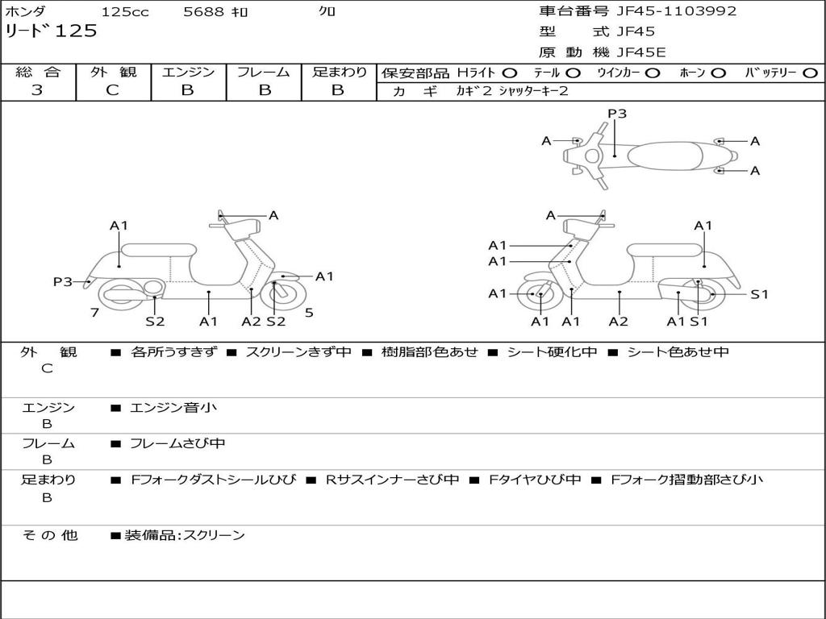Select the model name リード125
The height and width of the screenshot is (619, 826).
click(x=51, y=31)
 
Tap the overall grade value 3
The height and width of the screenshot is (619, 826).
click(x=37, y=90)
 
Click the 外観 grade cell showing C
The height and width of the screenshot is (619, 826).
click(x=113, y=90)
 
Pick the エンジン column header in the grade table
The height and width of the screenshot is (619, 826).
click(x=188, y=72)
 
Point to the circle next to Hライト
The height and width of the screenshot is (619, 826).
click(x=510, y=73)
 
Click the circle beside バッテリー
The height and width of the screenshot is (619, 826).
click(x=810, y=73)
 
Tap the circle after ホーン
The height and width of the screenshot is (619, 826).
click(x=718, y=73)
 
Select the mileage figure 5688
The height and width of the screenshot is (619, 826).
click(x=204, y=12)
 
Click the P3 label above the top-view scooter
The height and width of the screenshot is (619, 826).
click(x=617, y=114)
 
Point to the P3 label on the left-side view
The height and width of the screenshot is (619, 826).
click(x=63, y=281)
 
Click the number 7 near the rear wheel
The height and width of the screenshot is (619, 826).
click(x=95, y=313)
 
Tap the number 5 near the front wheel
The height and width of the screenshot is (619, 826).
click(x=309, y=313)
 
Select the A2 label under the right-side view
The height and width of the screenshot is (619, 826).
click(x=619, y=322)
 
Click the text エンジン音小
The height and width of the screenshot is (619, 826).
click(x=173, y=408)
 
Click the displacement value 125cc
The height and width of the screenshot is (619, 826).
click(x=125, y=12)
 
